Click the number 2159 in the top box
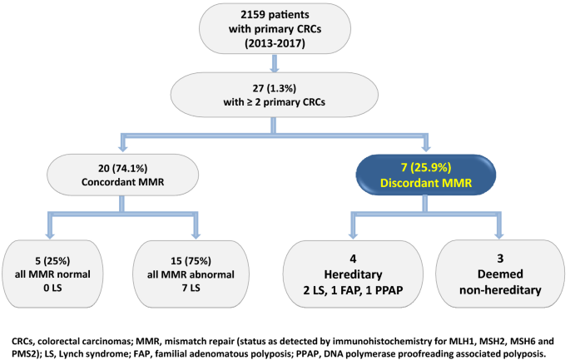[252, 14]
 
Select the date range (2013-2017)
[275, 43]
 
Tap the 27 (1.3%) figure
[275, 88]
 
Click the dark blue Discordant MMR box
[426, 175]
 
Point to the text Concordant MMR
[123, 182]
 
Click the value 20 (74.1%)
[123, 168]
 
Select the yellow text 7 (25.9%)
[426, 167]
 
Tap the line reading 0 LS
[52, 288]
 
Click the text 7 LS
[191, 288]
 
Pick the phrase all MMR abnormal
[191, 274]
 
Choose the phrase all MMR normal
[52, 274]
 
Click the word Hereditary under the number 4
[353, 274]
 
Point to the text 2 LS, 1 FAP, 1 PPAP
[353, 291]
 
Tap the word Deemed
[500, 274]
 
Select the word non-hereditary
[500, 290]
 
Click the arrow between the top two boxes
[275, 63]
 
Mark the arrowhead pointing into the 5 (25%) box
[50, 235]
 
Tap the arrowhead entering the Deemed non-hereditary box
[499, 235]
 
